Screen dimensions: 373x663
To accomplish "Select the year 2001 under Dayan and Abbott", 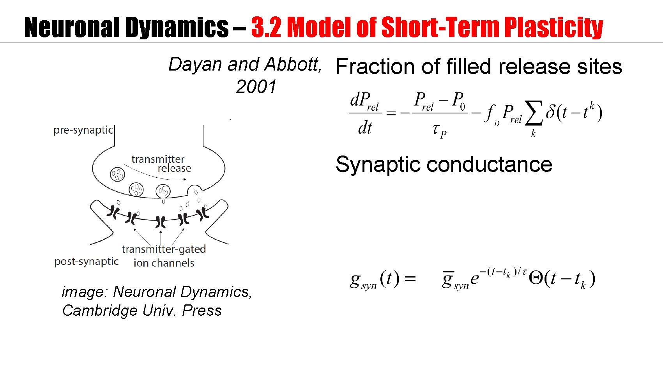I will (x=256, y=87).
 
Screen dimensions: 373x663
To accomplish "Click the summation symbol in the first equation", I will (x=534, y=113).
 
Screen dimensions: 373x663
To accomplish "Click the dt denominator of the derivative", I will (x=365, y=128).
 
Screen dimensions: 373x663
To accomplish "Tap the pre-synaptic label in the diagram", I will (x=83, y=130).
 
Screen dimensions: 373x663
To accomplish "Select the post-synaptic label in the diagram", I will (x=86, y=261).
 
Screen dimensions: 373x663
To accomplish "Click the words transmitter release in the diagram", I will (x=161, y=164).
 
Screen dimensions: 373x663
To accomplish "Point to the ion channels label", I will (x=164, y=263).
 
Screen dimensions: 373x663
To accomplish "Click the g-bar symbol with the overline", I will (x=448, y=279).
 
